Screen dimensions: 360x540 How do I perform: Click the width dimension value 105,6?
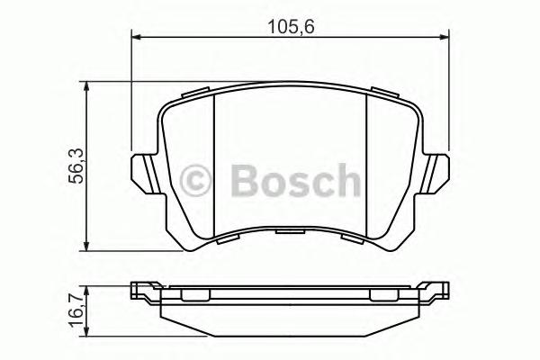[291, 25]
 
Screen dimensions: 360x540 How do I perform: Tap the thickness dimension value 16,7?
[77, 309]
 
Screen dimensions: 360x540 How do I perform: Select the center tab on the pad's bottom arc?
[290, 231]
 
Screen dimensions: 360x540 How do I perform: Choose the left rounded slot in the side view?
[195, 294]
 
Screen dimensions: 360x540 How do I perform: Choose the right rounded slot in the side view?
[383, 294]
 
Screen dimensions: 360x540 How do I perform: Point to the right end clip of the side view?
[438, 292]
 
